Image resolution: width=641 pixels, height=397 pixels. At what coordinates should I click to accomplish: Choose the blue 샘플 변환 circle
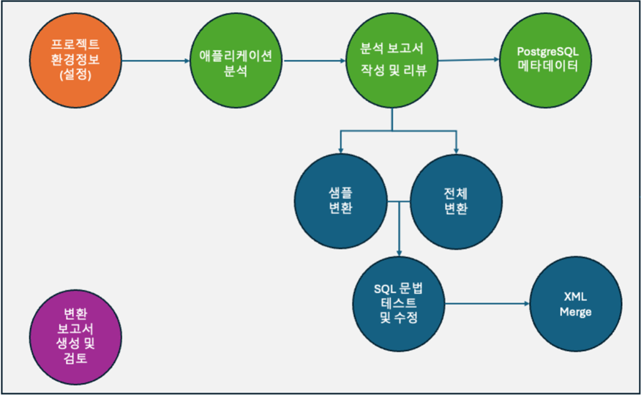point(339,200)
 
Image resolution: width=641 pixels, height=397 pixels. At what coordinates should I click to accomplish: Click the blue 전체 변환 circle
point(456,200)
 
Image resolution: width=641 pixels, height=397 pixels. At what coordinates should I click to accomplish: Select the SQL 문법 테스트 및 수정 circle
point(399,303)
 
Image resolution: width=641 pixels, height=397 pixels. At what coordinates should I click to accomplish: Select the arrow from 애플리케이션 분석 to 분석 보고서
point(313,61)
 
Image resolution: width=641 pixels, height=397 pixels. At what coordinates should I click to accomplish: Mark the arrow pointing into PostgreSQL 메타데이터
point(469,60)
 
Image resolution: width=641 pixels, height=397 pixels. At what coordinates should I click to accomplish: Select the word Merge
point(576,312)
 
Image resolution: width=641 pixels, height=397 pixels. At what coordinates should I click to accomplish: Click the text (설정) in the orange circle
point(76,75)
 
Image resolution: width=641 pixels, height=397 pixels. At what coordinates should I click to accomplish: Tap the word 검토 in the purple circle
point(76,359)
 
